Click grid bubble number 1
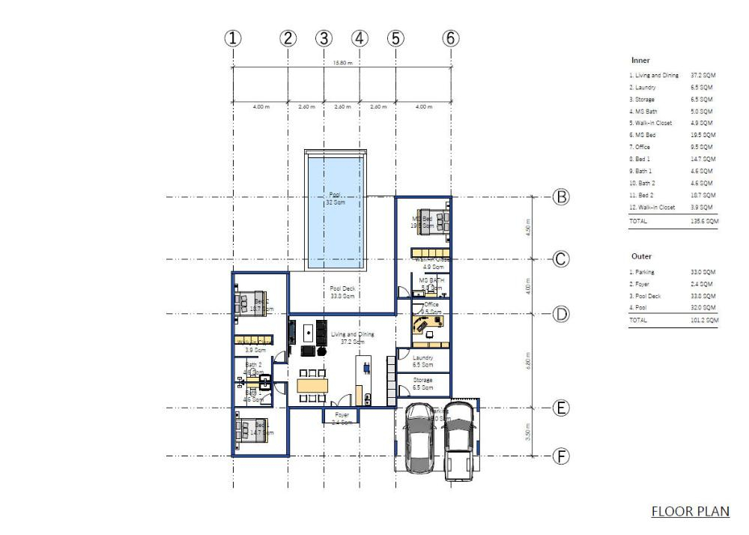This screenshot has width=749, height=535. pos(234,38)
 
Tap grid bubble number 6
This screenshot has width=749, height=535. pos(450,38)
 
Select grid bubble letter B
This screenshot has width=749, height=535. pos(561,197)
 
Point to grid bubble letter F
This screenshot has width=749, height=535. pos(561,456)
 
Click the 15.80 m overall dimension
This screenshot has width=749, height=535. pos(342,63)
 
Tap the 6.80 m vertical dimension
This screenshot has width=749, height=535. pos(529,361)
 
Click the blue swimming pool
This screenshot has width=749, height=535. pos(335,211)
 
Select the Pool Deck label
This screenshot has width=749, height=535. pos(342,291)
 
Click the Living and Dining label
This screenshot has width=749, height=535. pos(352,337)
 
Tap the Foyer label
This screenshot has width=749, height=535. pos(342,417)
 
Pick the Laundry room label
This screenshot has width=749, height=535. pos(423,361)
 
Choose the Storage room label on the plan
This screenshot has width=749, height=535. pos(423,384)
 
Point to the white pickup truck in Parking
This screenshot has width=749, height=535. pos(458,442)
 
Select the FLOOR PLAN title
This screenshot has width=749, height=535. pos(690,512)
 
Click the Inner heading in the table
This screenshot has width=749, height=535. pos(640,60)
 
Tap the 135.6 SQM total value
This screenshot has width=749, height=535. pos(704,222)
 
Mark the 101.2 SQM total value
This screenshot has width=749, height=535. pos(704,320)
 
